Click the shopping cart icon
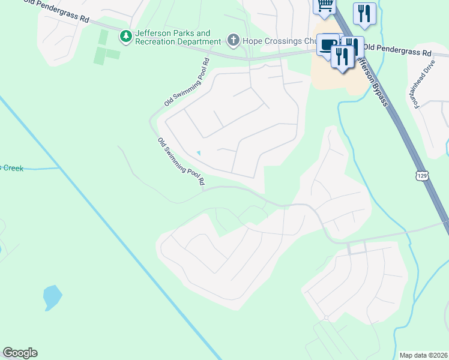pos(325,5)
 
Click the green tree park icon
pos(125,37)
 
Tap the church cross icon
pos(234,41)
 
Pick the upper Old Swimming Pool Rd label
pos(187,82)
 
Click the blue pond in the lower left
pos(52,296)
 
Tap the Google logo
pos(20,353)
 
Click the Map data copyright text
pos(423,355)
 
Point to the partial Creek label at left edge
pos(11,168)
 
